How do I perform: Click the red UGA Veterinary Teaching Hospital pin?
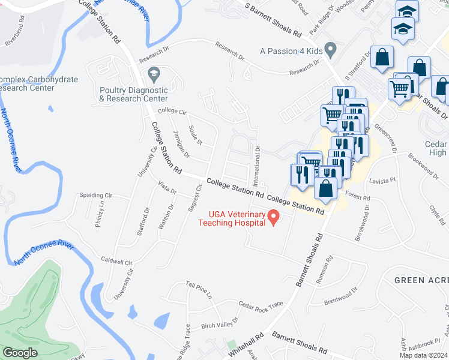pos(274,217)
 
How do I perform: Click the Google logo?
pos(20,353)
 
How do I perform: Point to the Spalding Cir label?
pos(95,196)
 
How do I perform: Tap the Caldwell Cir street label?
pos(116,262)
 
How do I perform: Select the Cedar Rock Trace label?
pos(261,305)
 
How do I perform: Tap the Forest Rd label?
pos(358,197)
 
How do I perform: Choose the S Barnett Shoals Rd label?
pos(273,18)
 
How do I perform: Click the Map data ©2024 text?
pos(421,355)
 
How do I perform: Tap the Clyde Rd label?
pos(436,212)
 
